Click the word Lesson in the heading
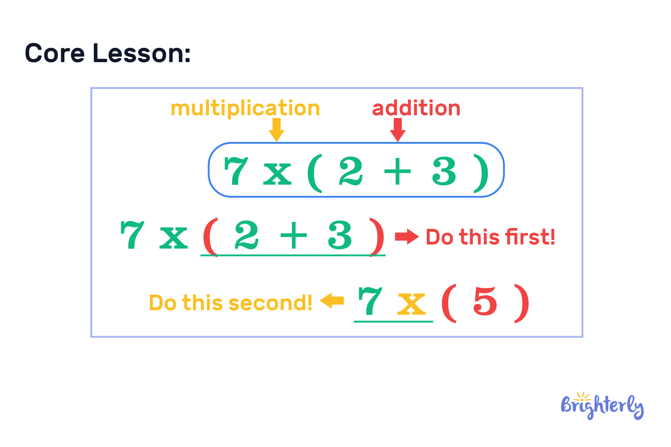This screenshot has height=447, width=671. pos(141,53)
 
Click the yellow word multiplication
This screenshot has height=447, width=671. pos(245,108)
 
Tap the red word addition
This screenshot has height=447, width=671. pos(416,108)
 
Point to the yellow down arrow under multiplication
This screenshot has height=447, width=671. pos(276,130)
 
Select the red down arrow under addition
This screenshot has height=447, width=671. pos(398,130)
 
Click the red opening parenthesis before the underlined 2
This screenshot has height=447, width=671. pos(210,237)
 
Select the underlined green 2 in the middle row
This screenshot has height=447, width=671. pos(246,235)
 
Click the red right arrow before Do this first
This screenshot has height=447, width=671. pos(407,237)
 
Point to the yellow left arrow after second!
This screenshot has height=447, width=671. pos(332,300)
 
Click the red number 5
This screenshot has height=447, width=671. pos(485,301)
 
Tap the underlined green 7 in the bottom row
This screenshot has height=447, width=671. pos(370,301)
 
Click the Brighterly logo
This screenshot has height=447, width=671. pos(602,406)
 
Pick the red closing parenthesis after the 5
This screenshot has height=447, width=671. pos(522,303)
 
